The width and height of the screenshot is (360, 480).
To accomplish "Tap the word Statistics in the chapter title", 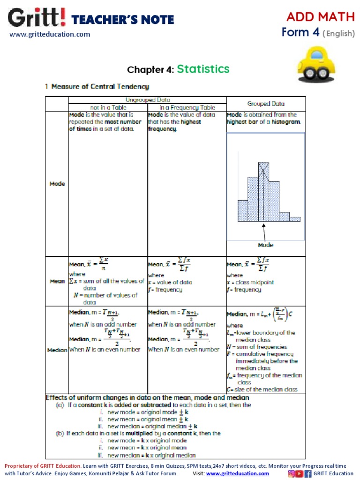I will coord(203,69).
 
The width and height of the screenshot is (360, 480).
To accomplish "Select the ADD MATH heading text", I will coord(321,17).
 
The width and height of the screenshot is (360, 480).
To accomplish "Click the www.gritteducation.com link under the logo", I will coord(50,34).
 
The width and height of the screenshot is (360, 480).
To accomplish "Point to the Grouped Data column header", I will coord(266,104).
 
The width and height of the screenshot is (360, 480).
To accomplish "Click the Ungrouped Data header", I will coord(147,100).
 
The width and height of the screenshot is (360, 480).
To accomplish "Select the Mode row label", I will coord(57,184).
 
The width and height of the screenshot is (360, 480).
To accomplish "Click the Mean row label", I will coord(57,281).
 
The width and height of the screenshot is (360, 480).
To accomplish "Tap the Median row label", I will coord(57,350).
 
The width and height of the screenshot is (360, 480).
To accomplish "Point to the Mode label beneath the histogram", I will coord(265,245).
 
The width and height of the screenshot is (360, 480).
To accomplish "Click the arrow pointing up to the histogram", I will coord(264,232).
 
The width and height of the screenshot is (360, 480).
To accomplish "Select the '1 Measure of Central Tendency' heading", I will coord(97,87).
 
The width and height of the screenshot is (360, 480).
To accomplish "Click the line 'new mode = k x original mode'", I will coord(147,441).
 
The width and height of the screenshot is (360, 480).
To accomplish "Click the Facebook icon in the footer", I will coord(308,473).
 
